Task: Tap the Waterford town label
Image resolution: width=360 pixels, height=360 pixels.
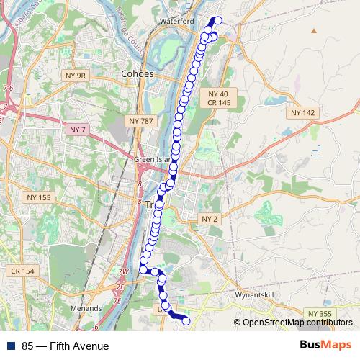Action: [x=180, y=22]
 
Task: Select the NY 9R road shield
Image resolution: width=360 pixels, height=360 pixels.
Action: [x=76, y=75]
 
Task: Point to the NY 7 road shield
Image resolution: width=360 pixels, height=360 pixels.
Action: [x=78, y=129]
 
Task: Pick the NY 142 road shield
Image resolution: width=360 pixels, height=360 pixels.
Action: [x=303, y=113]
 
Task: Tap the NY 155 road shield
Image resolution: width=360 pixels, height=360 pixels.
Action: [x=39, y=197]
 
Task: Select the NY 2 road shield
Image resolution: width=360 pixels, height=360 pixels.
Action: [x=210, y=218]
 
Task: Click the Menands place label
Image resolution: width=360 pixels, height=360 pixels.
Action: [x=86, y=307]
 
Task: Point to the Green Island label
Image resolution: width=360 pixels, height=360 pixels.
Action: [x=150, y=159]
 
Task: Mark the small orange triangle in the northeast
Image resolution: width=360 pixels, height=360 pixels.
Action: [x=314, y=32]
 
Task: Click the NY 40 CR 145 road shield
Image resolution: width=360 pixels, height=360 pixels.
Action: [x=220, y=99]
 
